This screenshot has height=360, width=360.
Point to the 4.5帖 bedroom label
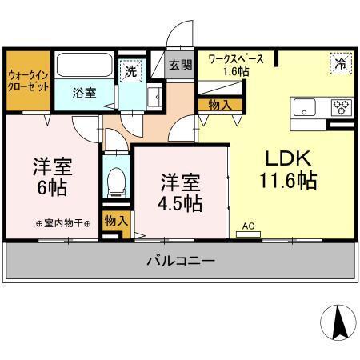(x=179, y=192)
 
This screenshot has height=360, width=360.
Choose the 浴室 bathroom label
(x=86, y=92)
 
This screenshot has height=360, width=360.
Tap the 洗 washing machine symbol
(x=130, y=70)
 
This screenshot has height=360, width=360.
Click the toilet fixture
(x=117, y=182)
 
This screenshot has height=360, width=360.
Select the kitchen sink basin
(x=306, y=107)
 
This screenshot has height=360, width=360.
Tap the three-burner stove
(x=341, y=107)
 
